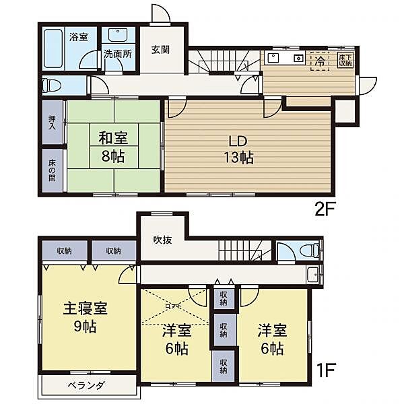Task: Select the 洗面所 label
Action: [116, 55]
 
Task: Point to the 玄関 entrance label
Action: [160, 49]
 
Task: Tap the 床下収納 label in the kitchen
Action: [345, 59]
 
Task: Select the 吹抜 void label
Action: [163, 240]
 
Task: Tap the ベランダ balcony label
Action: [85, 385]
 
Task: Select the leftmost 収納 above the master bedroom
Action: [65, 251]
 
